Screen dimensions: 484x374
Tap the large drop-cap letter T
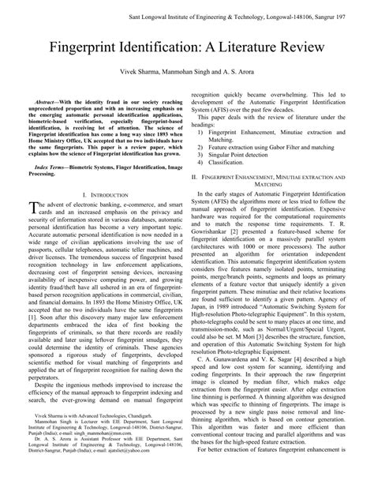click(34, 208)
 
